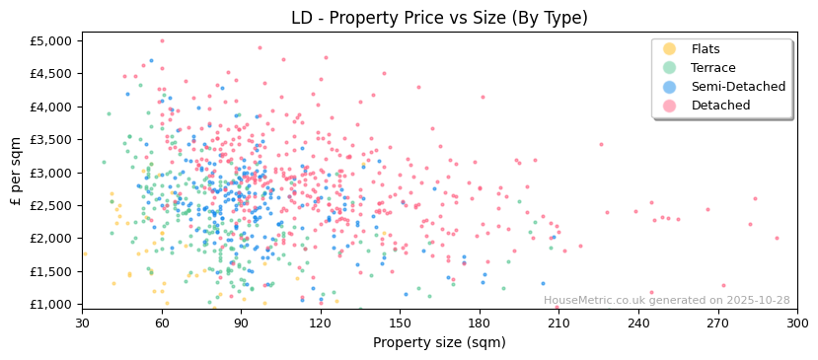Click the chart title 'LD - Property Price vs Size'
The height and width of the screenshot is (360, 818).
pyautogui.click(x=439, y=18)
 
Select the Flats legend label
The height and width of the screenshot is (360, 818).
pyautogui.click(x=706, y=49)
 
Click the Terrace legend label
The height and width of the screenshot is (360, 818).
pyautogui.click(x=712, y=68)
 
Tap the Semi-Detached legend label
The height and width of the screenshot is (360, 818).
pyautogui.click(x=738, y=87)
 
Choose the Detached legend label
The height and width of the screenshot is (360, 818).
pyautogui.click(x=720, y=106)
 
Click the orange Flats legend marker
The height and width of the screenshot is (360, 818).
pyautogui.click(x=670, y=49)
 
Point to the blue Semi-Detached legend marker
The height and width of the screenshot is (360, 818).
pyautogui.click(x=670, y=87)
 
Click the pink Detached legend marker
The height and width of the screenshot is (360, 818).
pyautogui.click(x=670, y=106)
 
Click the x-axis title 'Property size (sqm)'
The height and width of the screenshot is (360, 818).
pyautogui.click(x=439, y=343)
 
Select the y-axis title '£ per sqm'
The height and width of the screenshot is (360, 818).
pyautogui.click(x=16, y=173)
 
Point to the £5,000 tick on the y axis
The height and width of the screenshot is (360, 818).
pyautogui.click(x=52, y=40)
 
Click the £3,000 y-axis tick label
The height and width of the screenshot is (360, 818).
pyautogui.click(x=52, y=173)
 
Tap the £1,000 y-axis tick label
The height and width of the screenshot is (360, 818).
pyautogui.click(x=52, y=304)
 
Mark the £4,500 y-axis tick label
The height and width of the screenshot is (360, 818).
pyautogui.click(x=52, y=74)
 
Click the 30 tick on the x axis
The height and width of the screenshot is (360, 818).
pyautogui.click(x=82, y=323)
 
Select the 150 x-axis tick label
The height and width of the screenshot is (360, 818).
pyautogui.click(x=400, y=323)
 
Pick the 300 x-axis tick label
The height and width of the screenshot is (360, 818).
pyautogui.click(x=796, y=323)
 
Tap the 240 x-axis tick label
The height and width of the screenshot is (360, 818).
pyautogui.click(x=638, y=323)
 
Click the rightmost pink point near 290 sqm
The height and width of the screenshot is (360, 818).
pyautogui.click(x=777, y=238)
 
